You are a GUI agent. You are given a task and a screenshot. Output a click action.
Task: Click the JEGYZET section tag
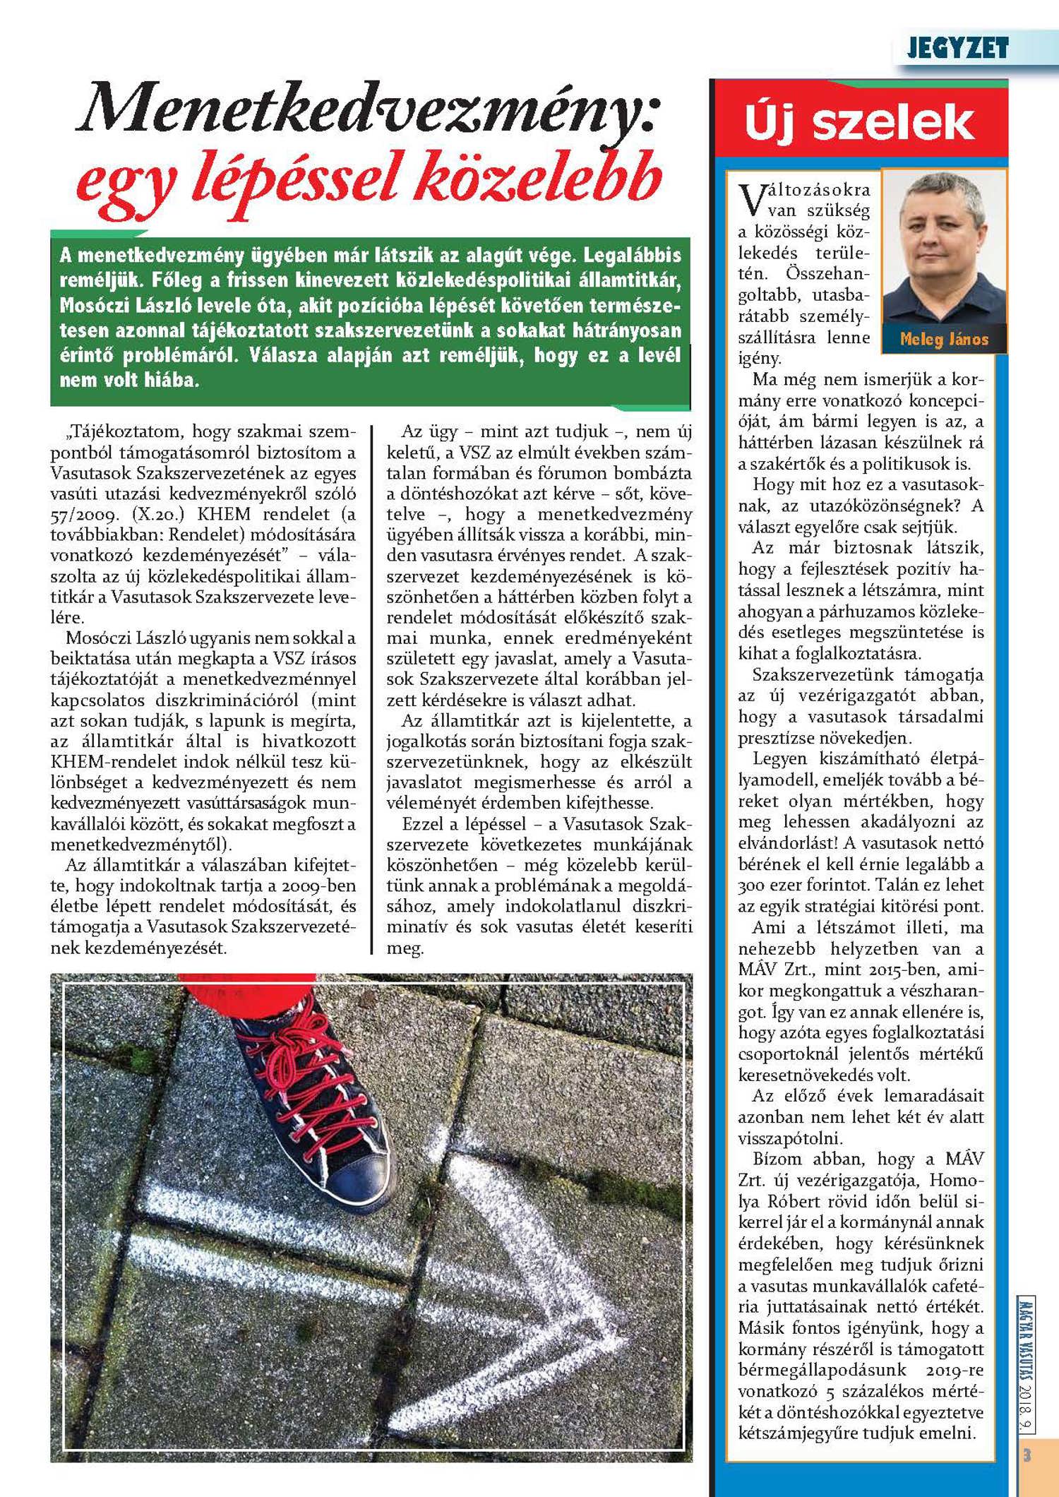coord(957,48)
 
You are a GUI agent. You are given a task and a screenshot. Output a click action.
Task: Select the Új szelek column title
coord(859,122)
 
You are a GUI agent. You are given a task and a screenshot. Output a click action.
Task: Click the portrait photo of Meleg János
coord(943,251)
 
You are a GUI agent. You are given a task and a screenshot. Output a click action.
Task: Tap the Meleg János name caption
coord(944,340)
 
